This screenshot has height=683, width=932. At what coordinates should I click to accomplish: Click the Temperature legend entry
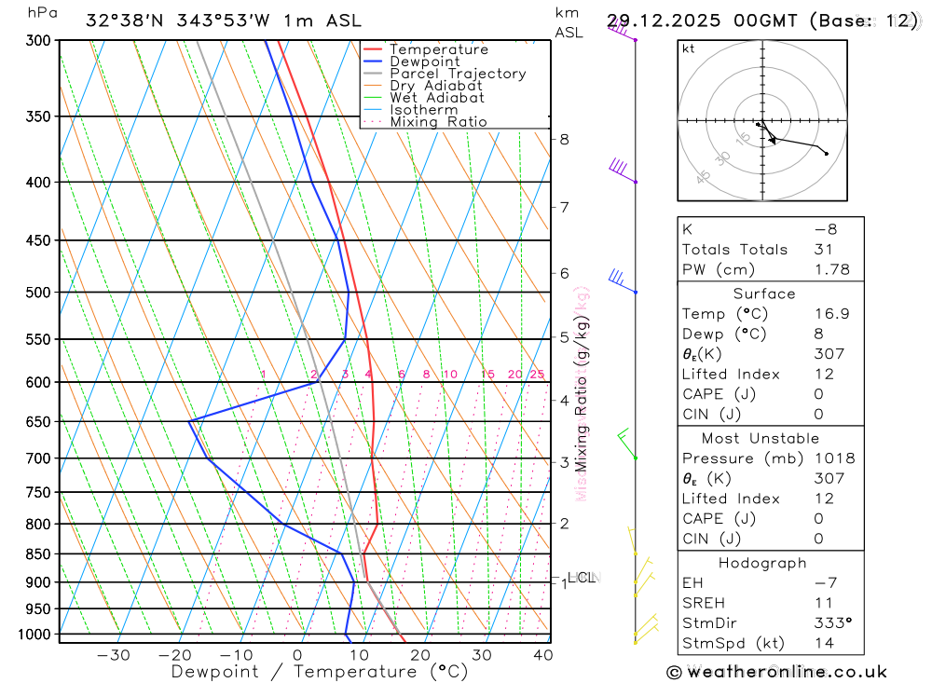[438, 49]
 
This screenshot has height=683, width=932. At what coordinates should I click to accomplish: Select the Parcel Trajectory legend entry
[458, 74]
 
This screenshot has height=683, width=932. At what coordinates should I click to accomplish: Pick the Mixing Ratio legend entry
[438, 122]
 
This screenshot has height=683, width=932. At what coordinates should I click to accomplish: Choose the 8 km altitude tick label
[564, 140]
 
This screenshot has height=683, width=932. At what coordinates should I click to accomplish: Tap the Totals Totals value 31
[821, 250]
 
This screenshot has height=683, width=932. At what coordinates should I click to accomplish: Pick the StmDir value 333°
[828, 622]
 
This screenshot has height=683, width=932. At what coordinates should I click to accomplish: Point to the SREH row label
[704, 603]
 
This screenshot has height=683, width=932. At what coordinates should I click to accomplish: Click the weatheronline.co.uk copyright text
[777, 672]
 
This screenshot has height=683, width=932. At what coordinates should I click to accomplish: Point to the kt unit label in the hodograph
[689, 48]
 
